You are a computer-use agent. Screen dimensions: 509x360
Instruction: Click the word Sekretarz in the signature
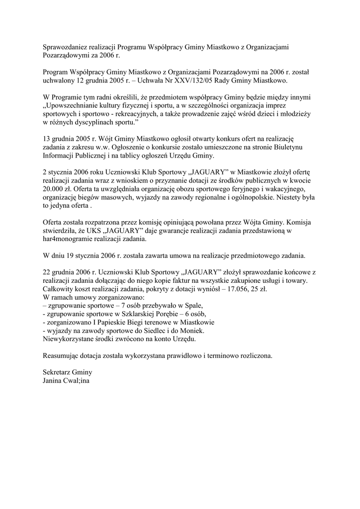pyautogui.click(x=57, y=373)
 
